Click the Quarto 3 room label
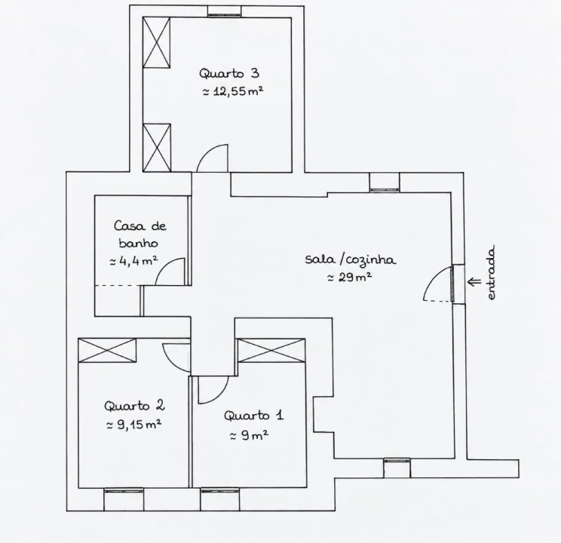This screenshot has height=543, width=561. click(x=229, y=73)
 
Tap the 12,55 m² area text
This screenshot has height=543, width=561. click(x=233, y=91)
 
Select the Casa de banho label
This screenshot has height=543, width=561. click(x=139, y=235)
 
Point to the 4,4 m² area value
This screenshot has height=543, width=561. click(x=133, y=261)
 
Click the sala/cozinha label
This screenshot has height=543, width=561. click(x=351, y=259)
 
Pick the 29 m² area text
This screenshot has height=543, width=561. click(x=350, y=277)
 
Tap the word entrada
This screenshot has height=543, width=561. click(x=491, y=272)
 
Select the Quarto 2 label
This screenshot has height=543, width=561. click(x=134, y=406)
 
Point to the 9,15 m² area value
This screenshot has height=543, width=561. click(x=134, y=425)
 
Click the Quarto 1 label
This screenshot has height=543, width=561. click(x=254, y=416)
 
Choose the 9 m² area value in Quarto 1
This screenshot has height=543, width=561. click(x=250, y=435)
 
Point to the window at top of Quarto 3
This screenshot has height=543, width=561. click(x=225, y=11)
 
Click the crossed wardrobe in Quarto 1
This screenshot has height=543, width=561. click(x=271, y=351)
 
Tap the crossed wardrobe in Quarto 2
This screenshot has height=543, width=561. click(x=107, y=350)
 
